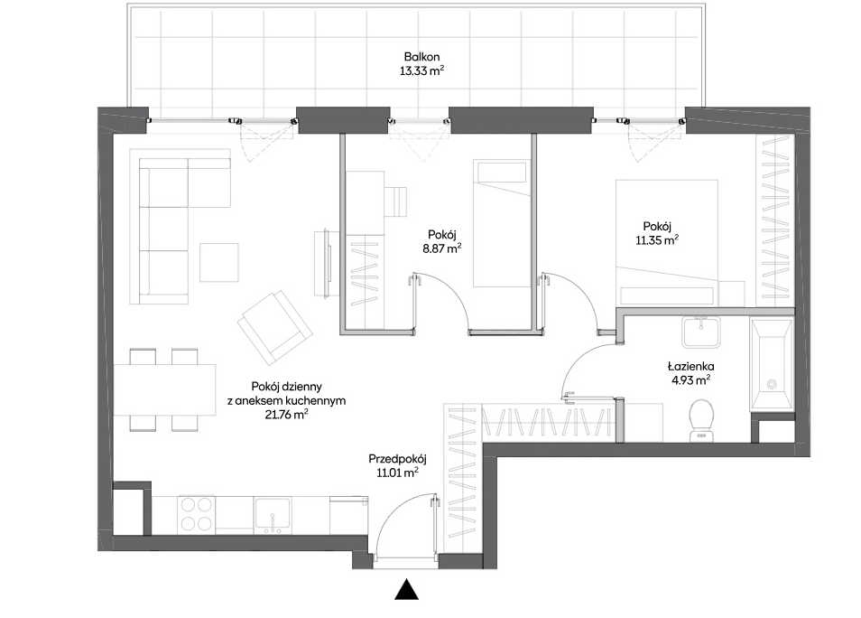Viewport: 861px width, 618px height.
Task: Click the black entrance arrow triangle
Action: click(407, 590)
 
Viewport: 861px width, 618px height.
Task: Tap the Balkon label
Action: click(421, 57)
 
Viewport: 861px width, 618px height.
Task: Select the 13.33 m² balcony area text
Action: click(421, 70)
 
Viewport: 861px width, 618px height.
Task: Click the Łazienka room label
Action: click(690, 366)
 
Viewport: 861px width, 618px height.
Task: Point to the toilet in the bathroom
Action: click(701, 420)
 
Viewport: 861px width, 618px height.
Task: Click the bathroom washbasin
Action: click(701, 332)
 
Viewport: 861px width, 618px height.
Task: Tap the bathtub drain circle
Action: click(772, 384)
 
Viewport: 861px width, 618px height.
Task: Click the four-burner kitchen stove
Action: click(196, 515)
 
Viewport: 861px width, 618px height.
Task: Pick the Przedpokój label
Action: click(397, 459)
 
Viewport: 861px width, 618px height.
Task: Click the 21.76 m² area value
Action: click(286, 415)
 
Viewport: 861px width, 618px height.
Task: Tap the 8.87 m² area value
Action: click(441, 248)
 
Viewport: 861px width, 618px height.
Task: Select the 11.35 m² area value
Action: click(657, 240)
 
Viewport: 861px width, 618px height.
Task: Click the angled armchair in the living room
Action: click(274, 328)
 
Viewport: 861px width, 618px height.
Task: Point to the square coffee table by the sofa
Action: click(219, 263)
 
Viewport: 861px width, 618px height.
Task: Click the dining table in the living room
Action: click(165, 389)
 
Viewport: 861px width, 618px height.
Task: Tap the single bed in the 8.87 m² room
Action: click(502, 223)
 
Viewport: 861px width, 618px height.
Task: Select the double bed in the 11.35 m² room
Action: click(667, 242)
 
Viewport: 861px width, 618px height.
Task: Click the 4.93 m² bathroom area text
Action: click(690, 380)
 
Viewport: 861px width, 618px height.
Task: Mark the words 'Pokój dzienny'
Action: click(286, 387)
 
